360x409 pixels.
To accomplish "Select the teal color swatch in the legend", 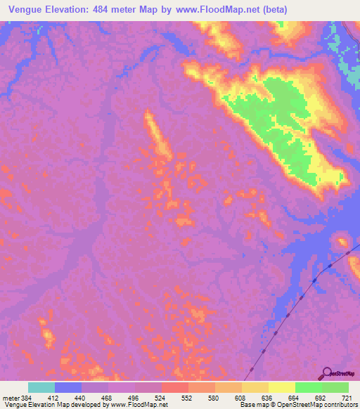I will point(41,387).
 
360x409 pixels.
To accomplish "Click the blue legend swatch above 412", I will point(68,387).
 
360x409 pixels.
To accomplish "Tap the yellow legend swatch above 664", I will point(282,387).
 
